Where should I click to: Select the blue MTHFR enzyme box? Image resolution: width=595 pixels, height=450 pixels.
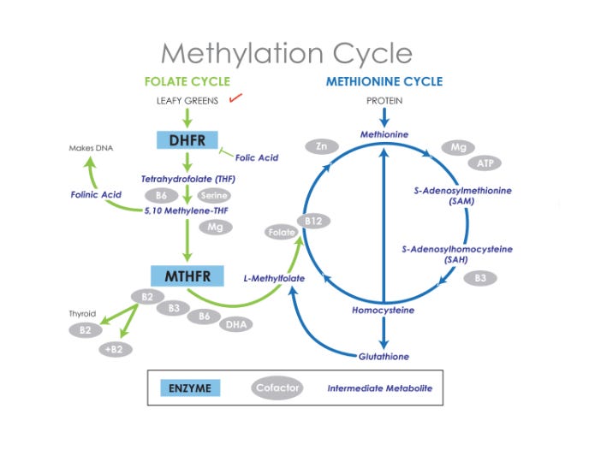(187, 276)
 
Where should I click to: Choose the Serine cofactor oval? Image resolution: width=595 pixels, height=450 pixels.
(216, 196)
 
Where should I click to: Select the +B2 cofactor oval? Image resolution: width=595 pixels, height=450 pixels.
(112, 349)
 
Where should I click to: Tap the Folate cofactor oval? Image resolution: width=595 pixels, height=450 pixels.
(277, 233)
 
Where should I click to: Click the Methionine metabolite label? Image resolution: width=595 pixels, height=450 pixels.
(384, 134)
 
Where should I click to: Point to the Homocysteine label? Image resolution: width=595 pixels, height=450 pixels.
(384, 310)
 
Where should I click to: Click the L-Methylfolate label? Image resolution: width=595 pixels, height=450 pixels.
(272, 279)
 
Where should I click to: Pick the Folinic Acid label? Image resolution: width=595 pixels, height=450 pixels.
(97, 195)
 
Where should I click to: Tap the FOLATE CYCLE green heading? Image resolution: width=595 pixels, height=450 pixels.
(187, 82)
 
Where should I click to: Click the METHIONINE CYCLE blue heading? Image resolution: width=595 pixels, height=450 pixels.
(384, 82)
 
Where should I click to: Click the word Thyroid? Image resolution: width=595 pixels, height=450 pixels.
(82, 314)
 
